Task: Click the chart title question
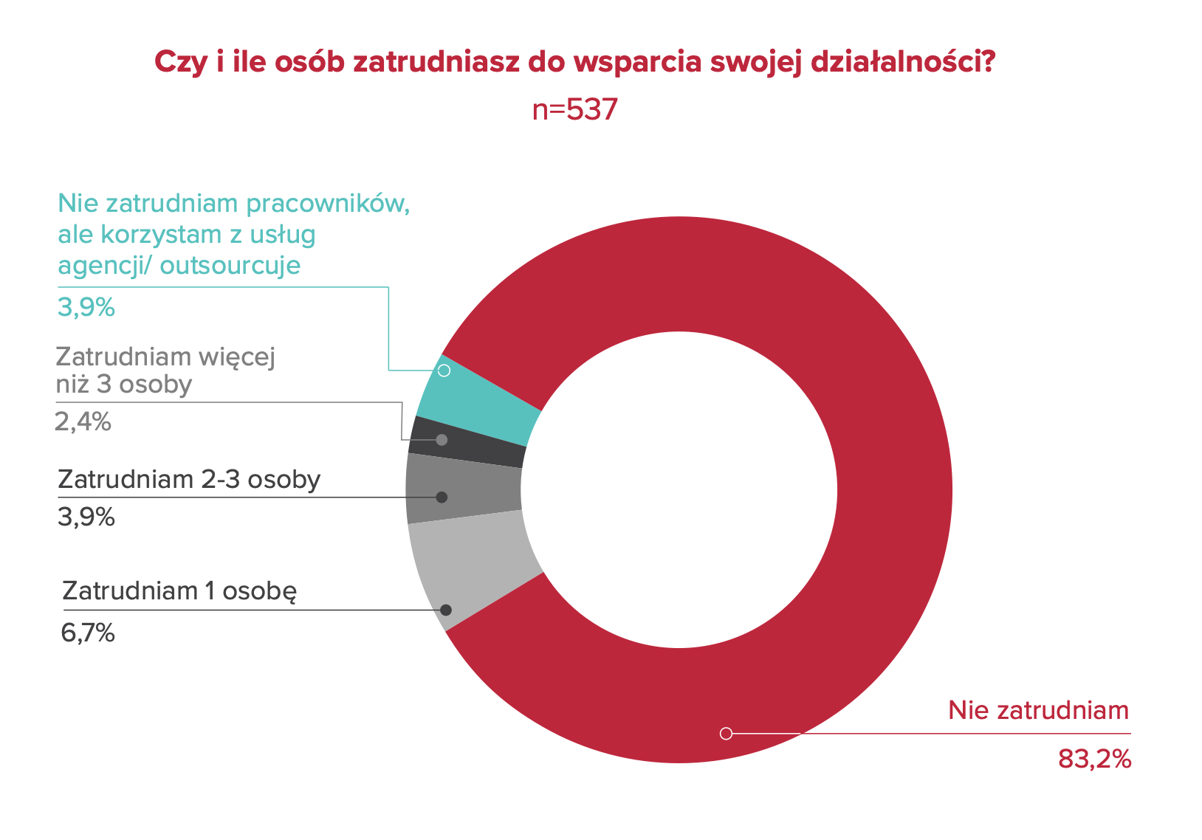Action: pyautogui.click(x=575, y=62)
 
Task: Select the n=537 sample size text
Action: pyautogui.click(x=574, y=110)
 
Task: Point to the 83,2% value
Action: pyautogui.click(x=1094, y=759)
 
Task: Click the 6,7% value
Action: pyautogui.click(x=88, y=633)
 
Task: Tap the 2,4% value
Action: pyautogui.click(x=83, y=421)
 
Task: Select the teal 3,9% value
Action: pyautogui.click(x=86, y=307)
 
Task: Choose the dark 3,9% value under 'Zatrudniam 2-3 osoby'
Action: pyautogui.click(x=86, y=517)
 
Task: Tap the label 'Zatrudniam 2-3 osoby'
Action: pyautogui.click(x=189, y=479)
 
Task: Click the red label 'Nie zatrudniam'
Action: pyautogui.click(x=1038, y=710)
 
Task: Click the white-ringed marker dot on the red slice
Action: pyautogui.click(x=726, y=733)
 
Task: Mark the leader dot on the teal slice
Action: pyautogui.click(x=444, y=370)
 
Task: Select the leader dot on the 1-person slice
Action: pyautogui.click(x=446, y=610)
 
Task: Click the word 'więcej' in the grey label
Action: pyautogui.click(x=236, y=357)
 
